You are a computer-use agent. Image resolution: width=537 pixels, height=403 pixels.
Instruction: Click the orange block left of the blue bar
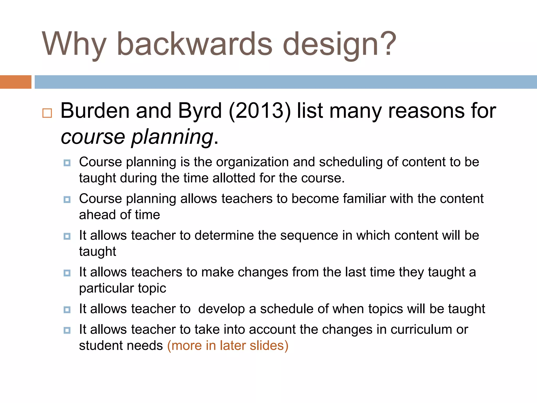click(15, 82)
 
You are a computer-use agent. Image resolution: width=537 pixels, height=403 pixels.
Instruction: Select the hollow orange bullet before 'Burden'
click(47, 113)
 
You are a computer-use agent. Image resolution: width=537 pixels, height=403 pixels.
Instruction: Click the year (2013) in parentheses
click(260, 111)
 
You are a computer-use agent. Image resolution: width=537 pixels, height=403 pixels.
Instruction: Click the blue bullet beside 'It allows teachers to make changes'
click(67, 273)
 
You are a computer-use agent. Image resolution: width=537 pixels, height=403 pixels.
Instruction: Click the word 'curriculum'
click(421, 330)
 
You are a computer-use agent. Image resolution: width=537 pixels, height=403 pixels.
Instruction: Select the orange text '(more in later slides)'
click(228, 346)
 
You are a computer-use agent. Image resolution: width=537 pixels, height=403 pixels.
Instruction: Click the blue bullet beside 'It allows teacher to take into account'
click(67, 330)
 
